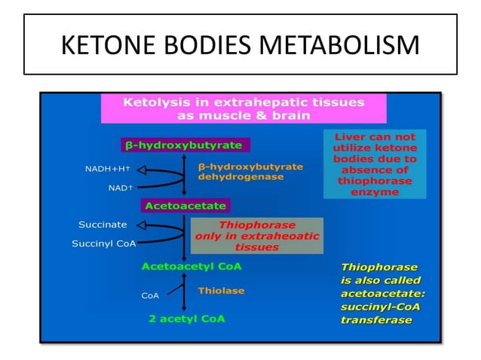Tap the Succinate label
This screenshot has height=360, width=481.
coord(103,224)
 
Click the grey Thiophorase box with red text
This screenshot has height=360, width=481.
coord(256,235)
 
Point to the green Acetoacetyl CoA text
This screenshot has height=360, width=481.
coord(191,266)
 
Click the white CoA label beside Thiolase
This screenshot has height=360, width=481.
coord(150,296)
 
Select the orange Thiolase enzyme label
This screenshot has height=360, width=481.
coord(221,290)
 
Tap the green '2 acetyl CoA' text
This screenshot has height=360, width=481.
coord(186,318)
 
